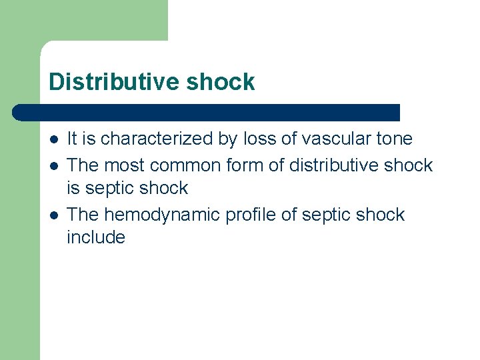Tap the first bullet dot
point(53,139)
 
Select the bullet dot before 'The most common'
point(53,165)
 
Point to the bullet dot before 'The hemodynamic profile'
point(53,215)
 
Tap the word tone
point(395,139)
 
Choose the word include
point(96,237)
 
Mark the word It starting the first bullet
point(73,139)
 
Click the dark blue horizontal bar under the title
point(207,113)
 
